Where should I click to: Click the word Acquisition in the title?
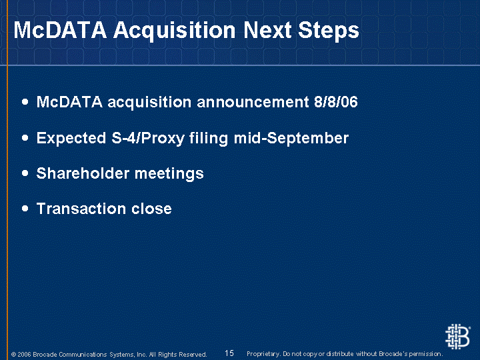click(175, 31)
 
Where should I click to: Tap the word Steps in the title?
click(329, 31)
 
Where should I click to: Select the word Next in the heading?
click(267, 30)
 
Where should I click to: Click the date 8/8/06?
click(336, 102)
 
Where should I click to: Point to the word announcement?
click(253, 102)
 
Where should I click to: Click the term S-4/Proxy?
click(147, 138)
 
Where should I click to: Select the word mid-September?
click(291, 139)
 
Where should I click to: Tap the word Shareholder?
click(83, 173)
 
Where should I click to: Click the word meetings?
click(169, 174)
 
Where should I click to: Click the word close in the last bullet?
click(151, 209)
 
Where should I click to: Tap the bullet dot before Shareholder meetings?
click(25, 173)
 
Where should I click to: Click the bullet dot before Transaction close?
click(25, 209)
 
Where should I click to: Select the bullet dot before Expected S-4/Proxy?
click(25, 138)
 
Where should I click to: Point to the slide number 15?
click(229, 353)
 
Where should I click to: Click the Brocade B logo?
click(457, 337)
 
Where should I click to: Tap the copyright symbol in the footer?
click(13, 355)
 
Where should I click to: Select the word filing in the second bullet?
click(209, 139)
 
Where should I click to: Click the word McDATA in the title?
click(60, 30)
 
